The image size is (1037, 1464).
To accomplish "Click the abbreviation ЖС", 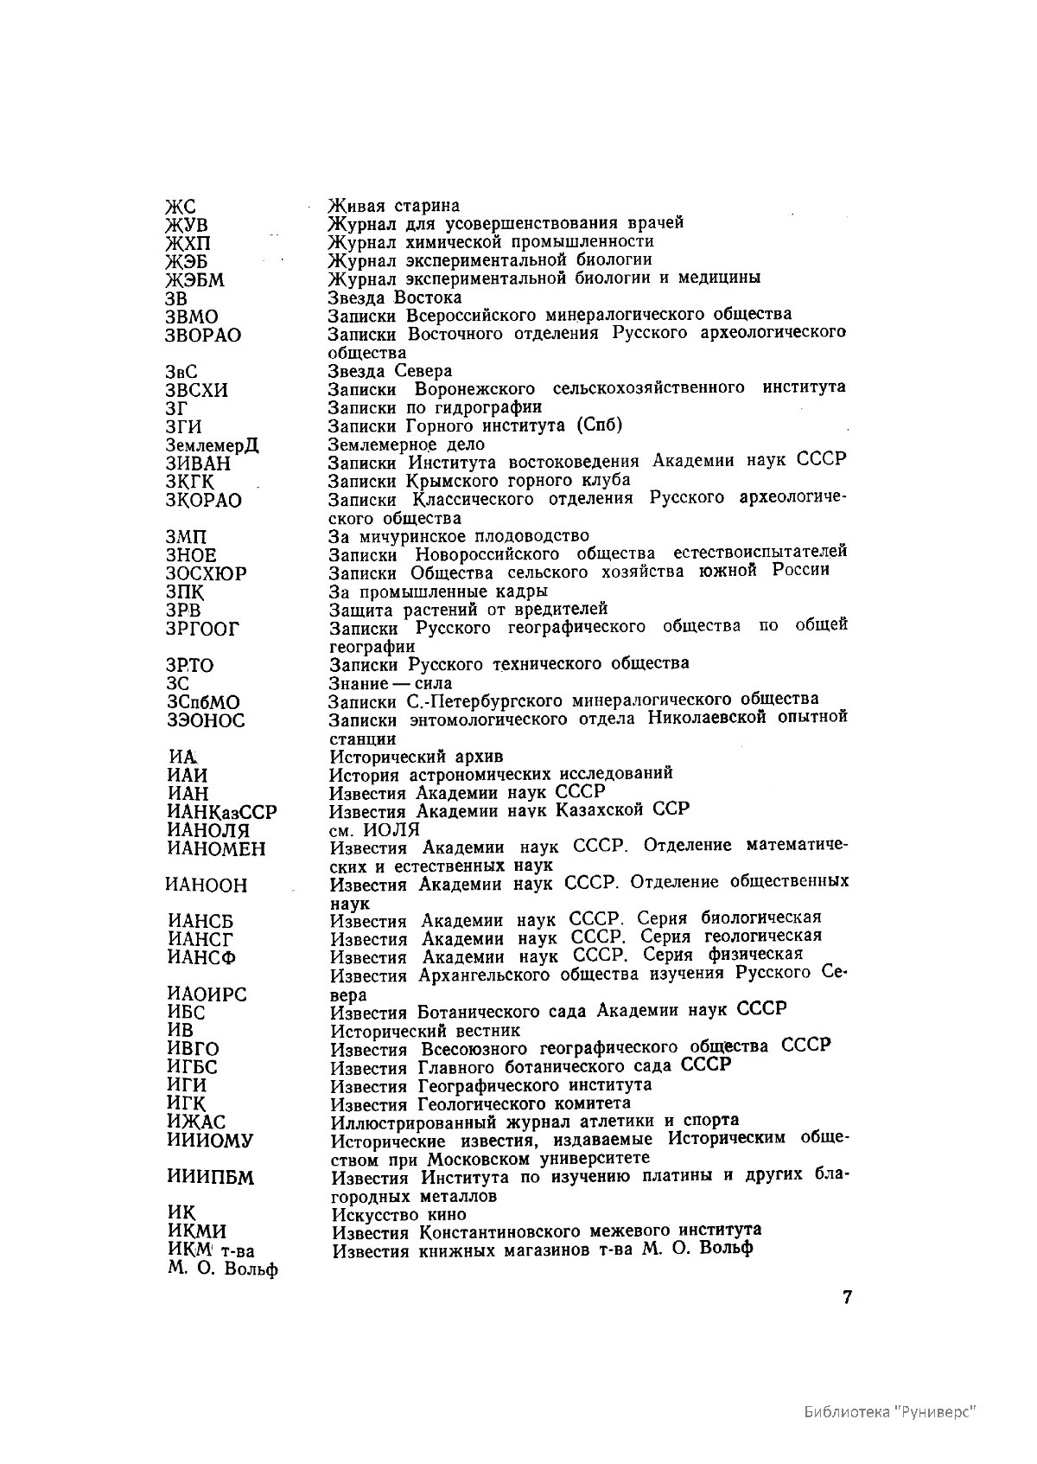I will coord(181,207).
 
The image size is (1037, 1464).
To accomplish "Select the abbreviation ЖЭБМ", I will coord(194,280).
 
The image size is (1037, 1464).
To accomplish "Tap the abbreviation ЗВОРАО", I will coord(203,335).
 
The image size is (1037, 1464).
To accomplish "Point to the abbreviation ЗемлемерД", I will coord(212,445).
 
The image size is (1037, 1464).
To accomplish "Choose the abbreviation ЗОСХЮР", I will coord(206,574).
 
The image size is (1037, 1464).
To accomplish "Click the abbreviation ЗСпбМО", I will coord(202,702).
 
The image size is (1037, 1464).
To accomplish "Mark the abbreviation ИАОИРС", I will coord(207,994).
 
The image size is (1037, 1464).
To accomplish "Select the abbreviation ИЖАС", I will coord(196,1122).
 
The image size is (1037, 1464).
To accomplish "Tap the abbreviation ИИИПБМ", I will coord(211,1178).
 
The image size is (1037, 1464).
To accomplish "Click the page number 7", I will coord(848,1298).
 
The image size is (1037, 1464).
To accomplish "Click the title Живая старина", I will coord(393,206).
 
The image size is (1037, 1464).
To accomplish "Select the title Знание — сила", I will coord(391,683).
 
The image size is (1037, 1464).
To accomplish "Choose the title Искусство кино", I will coord(398,1214).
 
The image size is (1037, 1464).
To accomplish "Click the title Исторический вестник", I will coord(425,1031).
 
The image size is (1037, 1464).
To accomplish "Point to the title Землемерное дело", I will coord(406,444).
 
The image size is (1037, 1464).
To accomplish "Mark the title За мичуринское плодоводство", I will coord(459,536).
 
